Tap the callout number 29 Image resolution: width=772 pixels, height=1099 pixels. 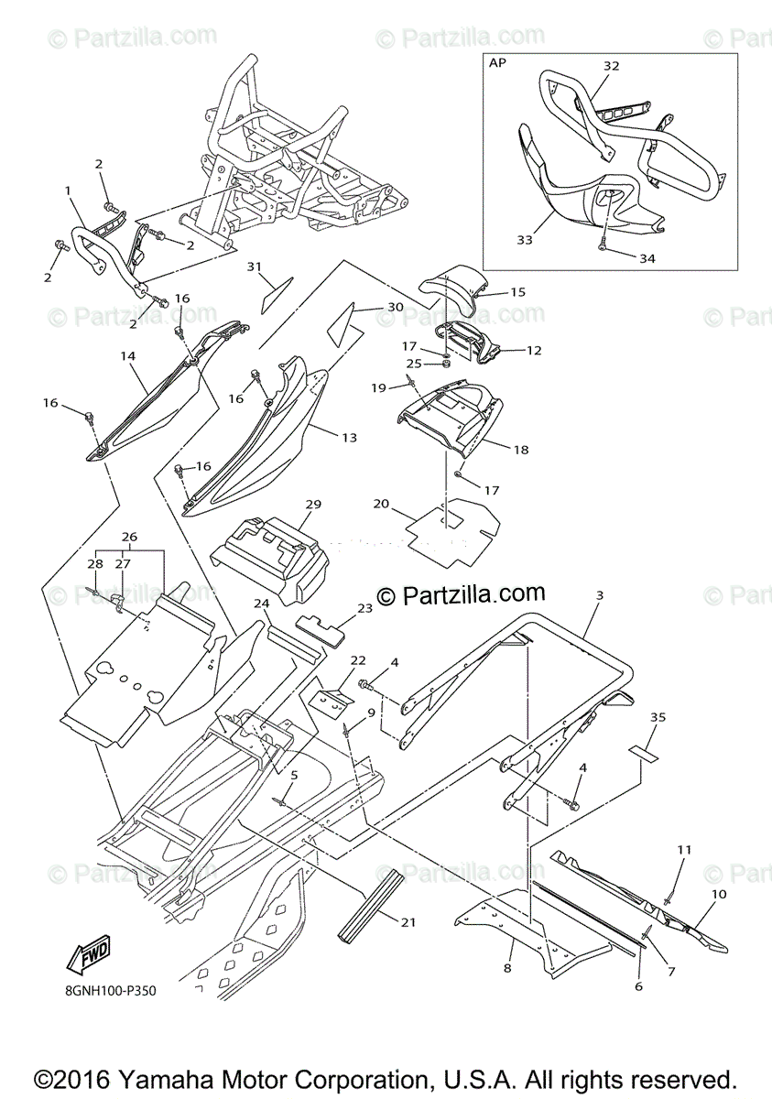[312, 505]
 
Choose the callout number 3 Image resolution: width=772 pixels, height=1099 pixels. [599, 596]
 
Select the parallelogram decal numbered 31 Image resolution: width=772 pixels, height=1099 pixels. [276, 294]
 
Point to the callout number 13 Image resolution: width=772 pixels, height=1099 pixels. [350, 438]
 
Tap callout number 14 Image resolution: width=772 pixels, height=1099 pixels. [127, 354]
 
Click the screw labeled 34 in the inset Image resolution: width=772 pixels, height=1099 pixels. [604, 245]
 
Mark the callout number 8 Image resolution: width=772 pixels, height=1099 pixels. [507, 966]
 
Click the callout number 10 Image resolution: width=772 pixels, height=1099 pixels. [719, 894]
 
